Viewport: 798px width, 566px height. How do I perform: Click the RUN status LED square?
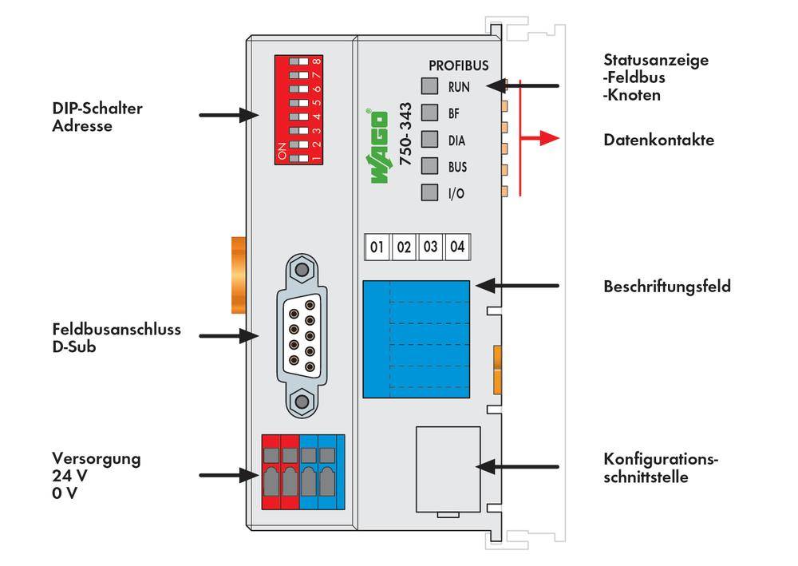[430, 86]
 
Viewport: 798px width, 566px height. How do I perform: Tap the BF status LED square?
[430, 113]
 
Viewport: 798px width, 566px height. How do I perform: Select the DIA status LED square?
[430, 140]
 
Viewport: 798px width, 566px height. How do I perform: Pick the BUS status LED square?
[430, 166]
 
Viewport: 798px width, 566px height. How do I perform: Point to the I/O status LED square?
[430, 193]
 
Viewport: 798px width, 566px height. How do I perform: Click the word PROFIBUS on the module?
[458, 65]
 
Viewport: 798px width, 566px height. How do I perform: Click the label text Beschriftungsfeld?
[666, 286]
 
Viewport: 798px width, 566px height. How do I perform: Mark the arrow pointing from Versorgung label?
[227, 474]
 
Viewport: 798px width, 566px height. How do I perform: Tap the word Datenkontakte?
[658, 140]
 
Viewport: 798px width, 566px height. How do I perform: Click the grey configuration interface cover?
[448, 471]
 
